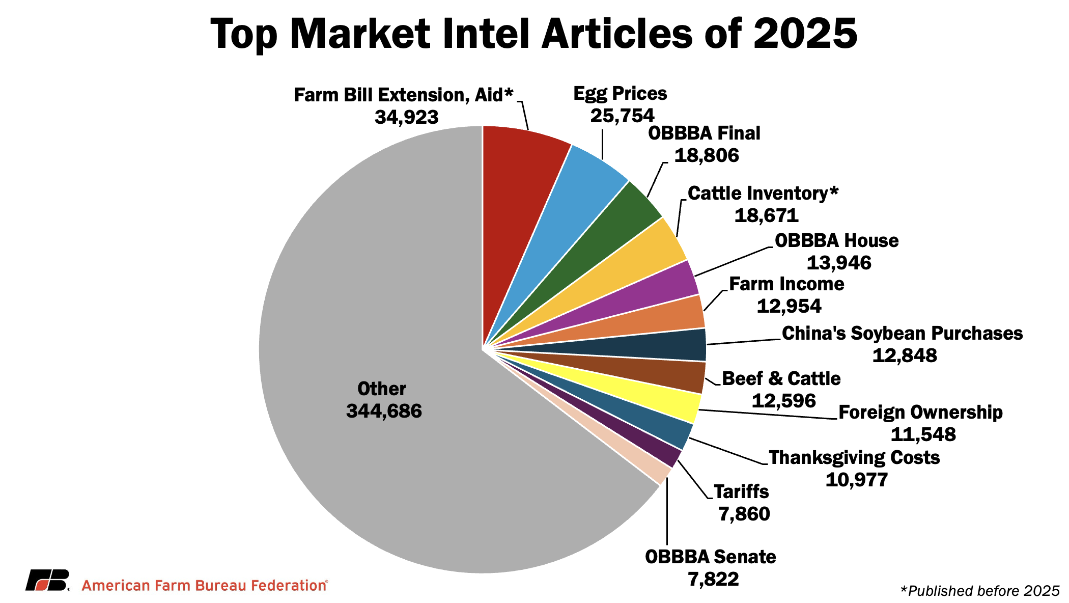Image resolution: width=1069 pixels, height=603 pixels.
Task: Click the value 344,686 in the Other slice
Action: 384,411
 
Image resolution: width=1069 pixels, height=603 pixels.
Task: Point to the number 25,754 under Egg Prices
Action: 622,116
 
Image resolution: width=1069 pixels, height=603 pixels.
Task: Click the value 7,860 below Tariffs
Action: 744,514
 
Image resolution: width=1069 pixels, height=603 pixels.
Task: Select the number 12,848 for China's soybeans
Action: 904,355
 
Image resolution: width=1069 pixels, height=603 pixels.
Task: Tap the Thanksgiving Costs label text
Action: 854,457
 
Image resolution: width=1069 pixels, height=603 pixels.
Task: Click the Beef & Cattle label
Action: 781,378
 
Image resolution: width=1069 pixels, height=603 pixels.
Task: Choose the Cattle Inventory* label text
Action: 763,194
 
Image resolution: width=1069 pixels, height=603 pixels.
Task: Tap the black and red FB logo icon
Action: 47,580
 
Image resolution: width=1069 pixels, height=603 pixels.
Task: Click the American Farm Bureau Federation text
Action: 204,586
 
